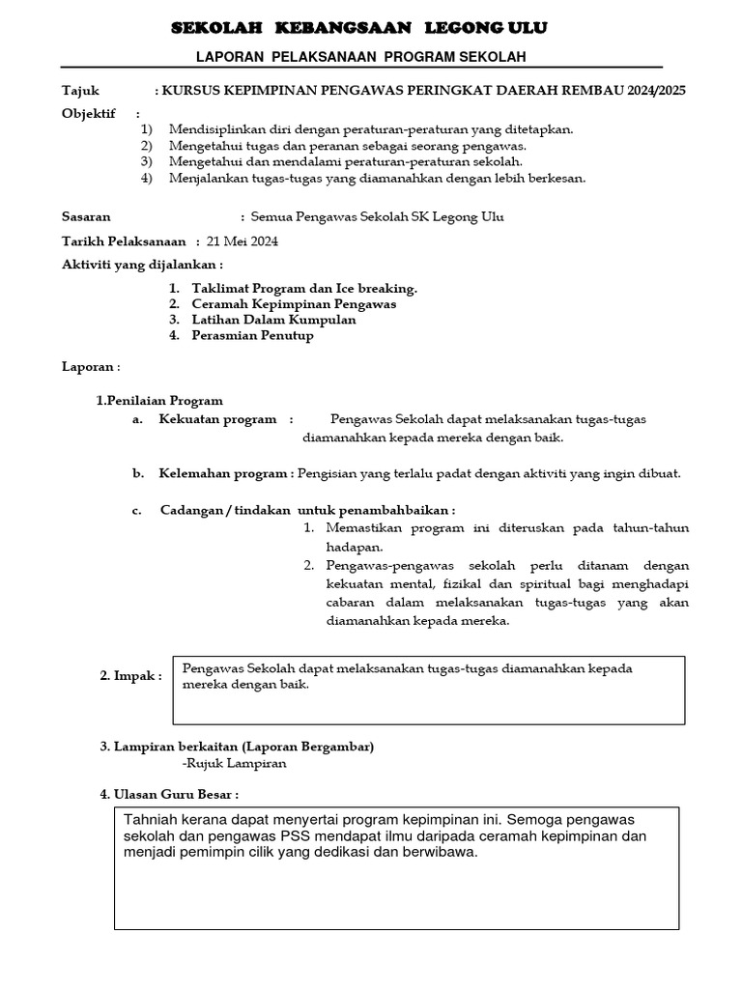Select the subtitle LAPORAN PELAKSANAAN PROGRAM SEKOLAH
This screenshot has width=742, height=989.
click(361, 57)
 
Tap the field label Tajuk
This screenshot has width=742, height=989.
click(80, 91)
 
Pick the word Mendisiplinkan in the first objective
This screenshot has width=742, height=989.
click(214, 128)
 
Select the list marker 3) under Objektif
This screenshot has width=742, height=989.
click(146, 161)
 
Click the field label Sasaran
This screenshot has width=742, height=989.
click(86, 217)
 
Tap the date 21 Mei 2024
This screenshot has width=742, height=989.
click(243, 242)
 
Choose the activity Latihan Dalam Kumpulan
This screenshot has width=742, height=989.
click(273, 320)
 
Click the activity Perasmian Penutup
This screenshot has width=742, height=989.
click(252, 336)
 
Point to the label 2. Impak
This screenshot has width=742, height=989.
click(130, 677)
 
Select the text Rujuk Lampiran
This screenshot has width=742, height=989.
click(236, 763)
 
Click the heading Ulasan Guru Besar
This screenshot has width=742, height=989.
click(169, 794)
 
